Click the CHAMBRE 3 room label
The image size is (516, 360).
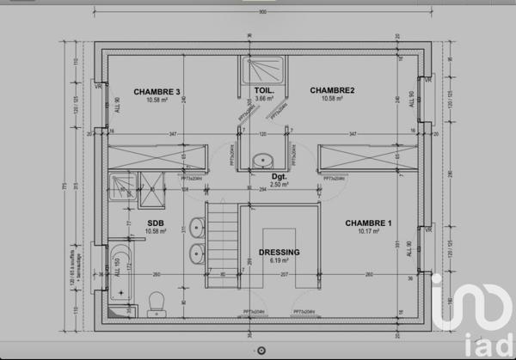coord(157,91)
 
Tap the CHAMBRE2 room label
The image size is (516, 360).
coord(333,90)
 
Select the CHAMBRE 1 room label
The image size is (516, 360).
coord(368,223)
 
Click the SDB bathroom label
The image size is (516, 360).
coord(156,223)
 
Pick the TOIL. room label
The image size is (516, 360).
coord(264,90)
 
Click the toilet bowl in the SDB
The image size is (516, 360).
coord(156,300)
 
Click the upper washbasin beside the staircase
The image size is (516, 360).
coord(197,229)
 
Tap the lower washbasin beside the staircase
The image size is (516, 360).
coord(197,253)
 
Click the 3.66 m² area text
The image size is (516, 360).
coord(264,99)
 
